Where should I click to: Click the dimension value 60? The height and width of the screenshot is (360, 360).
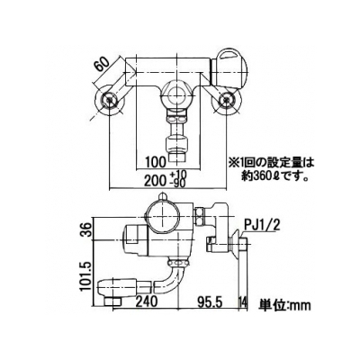click(x=103, y=66)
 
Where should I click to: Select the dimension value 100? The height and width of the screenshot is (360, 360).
click(x=156, y=163)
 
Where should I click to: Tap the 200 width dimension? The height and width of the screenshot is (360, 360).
click(x=156, y=181)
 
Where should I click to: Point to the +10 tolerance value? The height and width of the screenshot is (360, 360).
click(x=178, y=174)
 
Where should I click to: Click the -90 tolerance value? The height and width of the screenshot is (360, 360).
click(x=178, y=183)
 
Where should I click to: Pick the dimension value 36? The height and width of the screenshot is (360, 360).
click(x=86, y=229)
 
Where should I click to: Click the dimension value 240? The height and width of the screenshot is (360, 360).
click(x=146, y=301)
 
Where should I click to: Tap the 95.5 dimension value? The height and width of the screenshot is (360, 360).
click(x=210, y=301)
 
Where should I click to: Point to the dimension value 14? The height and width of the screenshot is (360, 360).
click(x=243, y=301)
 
